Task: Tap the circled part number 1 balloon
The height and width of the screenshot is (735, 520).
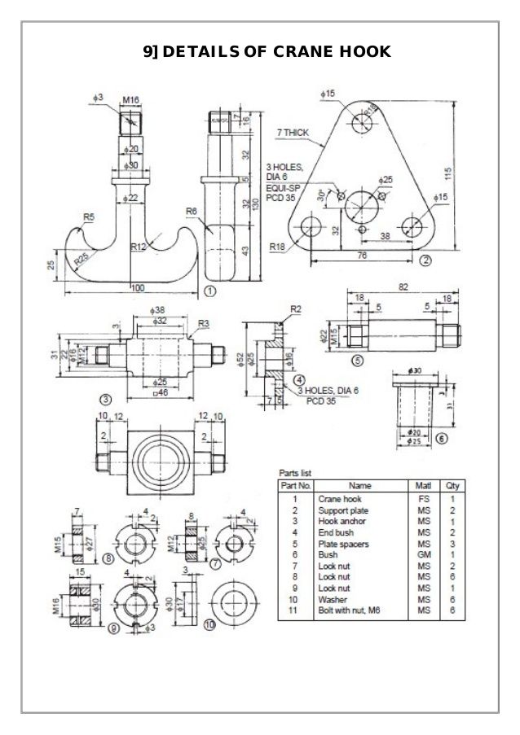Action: coord(209,290)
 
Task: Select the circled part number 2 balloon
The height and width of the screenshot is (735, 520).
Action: coord(425,260)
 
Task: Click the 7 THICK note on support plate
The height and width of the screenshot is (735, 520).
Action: coord(293,131)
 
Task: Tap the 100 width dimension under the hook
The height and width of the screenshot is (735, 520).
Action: coord(137,287)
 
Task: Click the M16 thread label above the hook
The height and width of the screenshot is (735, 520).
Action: coord(130,100)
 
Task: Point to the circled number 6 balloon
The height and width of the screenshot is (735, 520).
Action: coord(441,437)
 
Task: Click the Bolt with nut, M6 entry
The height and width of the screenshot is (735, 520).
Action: coord(350,610)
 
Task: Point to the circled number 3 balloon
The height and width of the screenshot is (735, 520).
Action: coord(105,399)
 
